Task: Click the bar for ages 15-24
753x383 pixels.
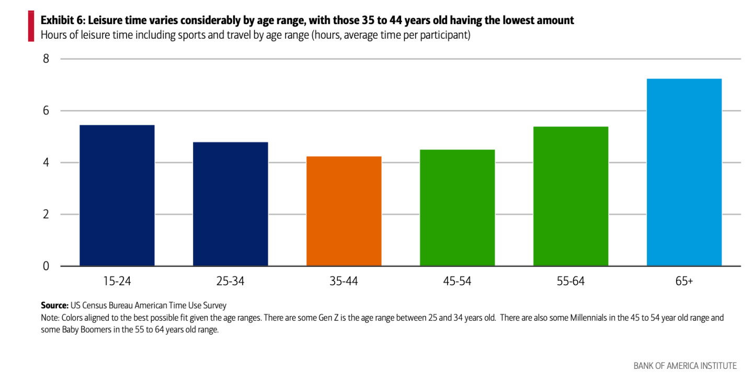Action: coord(117,195)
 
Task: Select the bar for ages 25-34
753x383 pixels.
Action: coord(231,204)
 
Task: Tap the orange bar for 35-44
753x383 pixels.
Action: coord(344,211)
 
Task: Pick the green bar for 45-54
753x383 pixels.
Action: coord(457,208)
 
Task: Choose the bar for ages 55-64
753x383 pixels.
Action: coord(571,196)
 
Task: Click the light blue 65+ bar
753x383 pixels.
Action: coord(684,172)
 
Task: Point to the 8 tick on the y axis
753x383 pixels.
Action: coord(46,59)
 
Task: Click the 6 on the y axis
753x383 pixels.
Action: coord(46,111)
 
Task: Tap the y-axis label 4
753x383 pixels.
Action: coord(46,163)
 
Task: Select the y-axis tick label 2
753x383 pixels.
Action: coord(46,214)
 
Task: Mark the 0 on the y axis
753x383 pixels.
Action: coord(46,266)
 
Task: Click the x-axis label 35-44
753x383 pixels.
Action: coord(344,281)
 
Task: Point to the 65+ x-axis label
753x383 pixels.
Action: coord(684,281)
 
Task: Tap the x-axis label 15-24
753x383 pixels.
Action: coord(117,281)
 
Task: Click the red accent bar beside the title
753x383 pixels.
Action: coord(31,26)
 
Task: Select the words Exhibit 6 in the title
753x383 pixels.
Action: coord(63,20)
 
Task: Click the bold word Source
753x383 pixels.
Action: coord(55,305)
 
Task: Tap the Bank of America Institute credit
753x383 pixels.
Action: coord(685,366)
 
